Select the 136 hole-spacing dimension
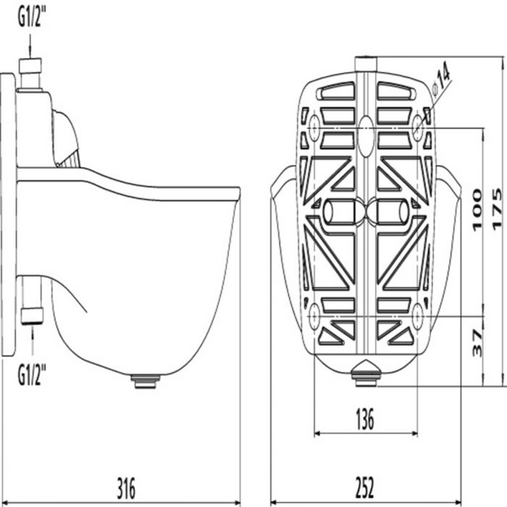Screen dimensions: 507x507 366,419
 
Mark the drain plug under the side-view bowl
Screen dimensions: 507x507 146,380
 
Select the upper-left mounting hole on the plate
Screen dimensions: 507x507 314,127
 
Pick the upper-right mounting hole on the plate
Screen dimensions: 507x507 419,127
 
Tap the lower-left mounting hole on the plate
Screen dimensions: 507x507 314,315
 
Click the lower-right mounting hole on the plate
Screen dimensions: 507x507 419,315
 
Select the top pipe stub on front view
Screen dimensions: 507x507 366,64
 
